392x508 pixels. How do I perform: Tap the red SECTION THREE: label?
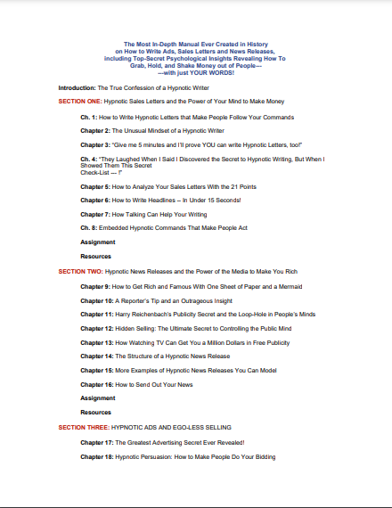click(82, 427)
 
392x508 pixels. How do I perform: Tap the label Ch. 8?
click(89, 227)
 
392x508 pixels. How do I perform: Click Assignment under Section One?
click(98, 241)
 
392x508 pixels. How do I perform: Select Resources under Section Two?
click(95, 413)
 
